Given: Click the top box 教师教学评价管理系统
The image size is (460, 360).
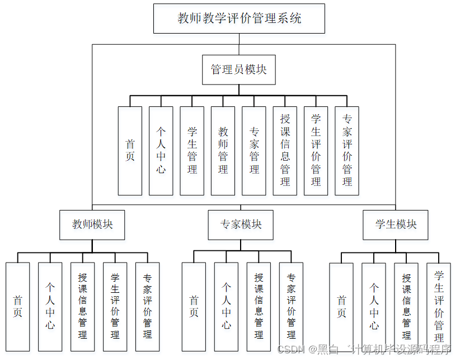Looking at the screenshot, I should [x=239, y=18].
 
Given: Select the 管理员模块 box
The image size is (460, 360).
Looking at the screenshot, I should [x=239, y=69].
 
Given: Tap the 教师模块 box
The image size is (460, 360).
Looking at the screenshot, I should [x=92, y=225].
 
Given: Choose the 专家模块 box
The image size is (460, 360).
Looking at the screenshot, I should [x=241, y=225].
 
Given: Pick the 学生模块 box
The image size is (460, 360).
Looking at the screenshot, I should [x=396, y=225].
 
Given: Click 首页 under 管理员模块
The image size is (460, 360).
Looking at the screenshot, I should [x=130, y=151].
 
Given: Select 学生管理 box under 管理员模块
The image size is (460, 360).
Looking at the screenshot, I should [x=192, y=151].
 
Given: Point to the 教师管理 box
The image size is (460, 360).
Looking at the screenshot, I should [x=223, y=151].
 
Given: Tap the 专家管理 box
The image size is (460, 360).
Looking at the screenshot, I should [x=254, y=151].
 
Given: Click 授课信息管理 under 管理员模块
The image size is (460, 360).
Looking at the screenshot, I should [x=285, y=151].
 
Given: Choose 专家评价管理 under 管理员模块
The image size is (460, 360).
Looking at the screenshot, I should [x=347, y=151].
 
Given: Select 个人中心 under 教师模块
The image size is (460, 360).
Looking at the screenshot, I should [x=50, y=306].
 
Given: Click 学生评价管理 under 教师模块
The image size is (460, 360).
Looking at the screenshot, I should [x=115, y=306].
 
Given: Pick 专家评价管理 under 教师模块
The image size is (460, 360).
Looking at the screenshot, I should [x=147, y=306].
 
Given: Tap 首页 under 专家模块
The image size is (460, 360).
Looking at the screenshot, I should [x=194, y=306].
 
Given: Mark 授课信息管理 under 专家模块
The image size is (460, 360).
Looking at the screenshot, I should [x=259, y=306].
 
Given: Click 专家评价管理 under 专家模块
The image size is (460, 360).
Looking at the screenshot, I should [x=291, y=306].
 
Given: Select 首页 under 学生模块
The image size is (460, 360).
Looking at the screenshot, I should [x=341, y=306].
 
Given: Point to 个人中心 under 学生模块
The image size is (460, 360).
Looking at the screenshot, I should [x=373, y=306].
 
